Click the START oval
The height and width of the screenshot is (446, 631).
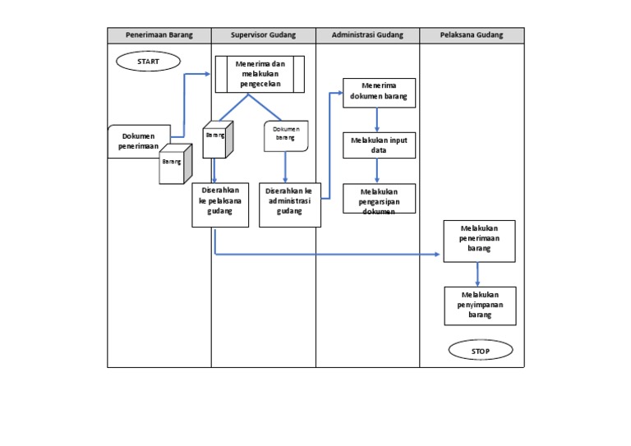[x=148, y=61]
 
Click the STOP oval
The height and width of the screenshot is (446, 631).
[x=481, y=351]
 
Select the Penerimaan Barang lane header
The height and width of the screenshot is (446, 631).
[x=159, y=35]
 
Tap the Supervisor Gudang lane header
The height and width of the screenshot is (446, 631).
[x=263, y=35]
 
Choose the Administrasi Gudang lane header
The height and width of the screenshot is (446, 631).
[x=367, y=35]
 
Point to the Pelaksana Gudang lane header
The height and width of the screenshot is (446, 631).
[x=472, y=35]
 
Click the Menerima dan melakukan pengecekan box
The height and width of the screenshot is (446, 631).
[x=260, y=74]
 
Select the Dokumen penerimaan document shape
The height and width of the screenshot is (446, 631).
[x=138, y=140]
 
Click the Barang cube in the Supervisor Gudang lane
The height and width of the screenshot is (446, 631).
[x=218, y=139]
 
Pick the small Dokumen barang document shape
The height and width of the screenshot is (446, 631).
[x=284, y=136]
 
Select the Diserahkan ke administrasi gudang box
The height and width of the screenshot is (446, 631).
[x=289, y=204]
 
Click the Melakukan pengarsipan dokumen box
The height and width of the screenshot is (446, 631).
[x=379, y=199]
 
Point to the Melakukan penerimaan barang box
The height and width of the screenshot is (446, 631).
[x=479, y=241]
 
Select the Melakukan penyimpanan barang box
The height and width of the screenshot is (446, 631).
[x=480, y=306]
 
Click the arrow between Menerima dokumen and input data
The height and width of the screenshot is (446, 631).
[x=377, y=120]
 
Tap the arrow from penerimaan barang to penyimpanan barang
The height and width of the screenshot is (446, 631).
[x=477, y=274]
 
